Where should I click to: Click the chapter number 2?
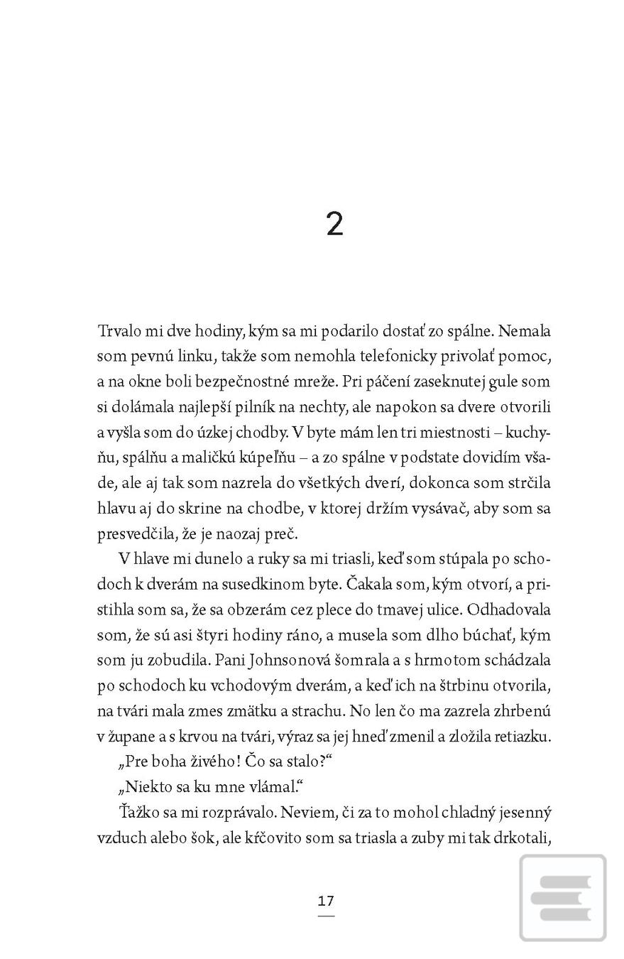[334, 224]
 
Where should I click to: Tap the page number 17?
[326, 901]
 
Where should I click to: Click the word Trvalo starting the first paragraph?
[118, 331]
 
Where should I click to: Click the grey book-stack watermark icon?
[562, 898]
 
